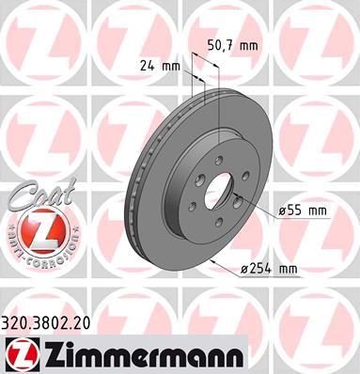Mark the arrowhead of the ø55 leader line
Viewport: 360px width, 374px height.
click(237, 195)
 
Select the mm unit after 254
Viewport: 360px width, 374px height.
click(287, 270)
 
